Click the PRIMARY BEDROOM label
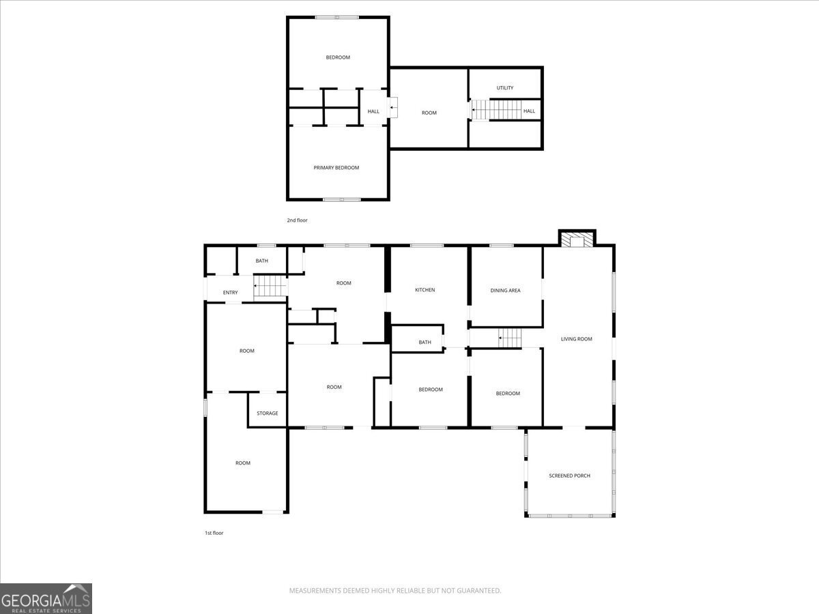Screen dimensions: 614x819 point(336,168)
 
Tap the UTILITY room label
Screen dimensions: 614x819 point(505,88)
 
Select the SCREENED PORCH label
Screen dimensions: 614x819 point(569,476)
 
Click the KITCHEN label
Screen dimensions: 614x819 point(425,290)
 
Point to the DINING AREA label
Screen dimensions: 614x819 point(505,291)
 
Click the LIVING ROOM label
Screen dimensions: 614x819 point(576,339)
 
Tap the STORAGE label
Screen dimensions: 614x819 point(267,413)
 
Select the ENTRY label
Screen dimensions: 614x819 point(230,293)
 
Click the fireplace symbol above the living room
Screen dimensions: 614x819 point(577,239)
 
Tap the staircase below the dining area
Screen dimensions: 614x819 point(509,337)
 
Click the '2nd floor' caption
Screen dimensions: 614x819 point(297,220)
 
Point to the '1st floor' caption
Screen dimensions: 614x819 point(214,533)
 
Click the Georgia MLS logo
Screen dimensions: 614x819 point(46,598)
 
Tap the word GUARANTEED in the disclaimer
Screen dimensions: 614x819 point(480,591)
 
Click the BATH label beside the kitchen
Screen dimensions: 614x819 point(425,342)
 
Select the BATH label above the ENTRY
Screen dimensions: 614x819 point(261,261)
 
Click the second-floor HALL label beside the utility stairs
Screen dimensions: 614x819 point(529,111)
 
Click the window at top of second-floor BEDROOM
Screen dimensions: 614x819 point(337,18)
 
